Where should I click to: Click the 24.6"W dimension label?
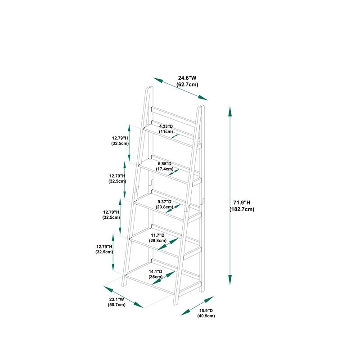pyautogui.click(x=187, y=78)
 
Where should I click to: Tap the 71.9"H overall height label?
pyautogui.click(x=242, y=202)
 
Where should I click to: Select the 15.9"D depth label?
pyautogui.click(x=206, y=310)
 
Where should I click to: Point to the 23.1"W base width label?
pyautogui.click(x=117, y=299)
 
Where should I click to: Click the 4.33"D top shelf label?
pyautogui.click(x=166, y=126)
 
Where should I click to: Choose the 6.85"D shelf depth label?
pyautogui.click(x=165, y=164)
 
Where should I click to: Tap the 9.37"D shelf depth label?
pyautogui.click(x=164, y=202)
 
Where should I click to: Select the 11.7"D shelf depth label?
pyautogui.click(x=158, y=235)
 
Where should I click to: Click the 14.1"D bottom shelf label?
pyautogui.click(x=155, y=272)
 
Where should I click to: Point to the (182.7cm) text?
pyautogui.click(x=242, y=209)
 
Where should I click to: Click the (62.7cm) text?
pyautogui.click(x=187, y=85)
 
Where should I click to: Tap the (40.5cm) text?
pyautogui.click(x=206, y=316)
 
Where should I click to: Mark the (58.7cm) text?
pyautogui.click(x=117, y=305)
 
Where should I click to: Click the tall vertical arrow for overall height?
pyautogui.click(x=230, y=196)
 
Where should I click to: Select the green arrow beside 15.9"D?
pyautogui.click(x=197, y=306)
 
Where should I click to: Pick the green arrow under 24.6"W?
pyautogui.click(x=180, y=89)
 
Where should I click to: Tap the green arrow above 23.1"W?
pyautogui.click(x=123, y=297)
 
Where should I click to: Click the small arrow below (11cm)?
pyautogui.click(x=175, y=136)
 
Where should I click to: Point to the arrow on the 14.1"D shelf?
pyautogui.click(x=163, y=278)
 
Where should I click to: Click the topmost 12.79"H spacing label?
pyautogui.click(x=120, y=138)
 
